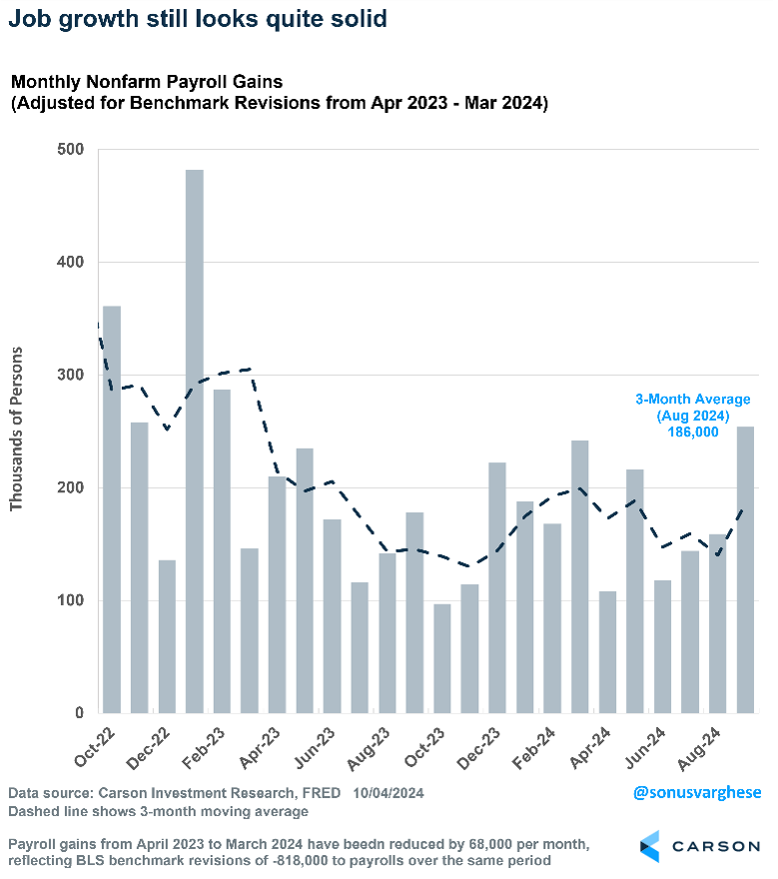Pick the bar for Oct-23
pos(442,658)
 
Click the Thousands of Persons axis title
pos(16,431)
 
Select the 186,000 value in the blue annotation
pos(693,432)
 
